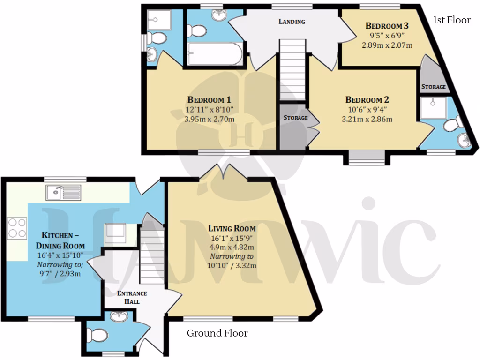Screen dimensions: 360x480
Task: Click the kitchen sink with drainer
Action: click(63, 191)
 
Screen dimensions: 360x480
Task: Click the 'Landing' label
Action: click(292, 22)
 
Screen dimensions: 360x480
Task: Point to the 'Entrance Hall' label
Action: click(132, 297)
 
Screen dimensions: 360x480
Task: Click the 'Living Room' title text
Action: click(232, 228)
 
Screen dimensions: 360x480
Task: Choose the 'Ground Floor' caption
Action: click(217, 333)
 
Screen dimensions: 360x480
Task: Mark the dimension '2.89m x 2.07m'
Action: click(387, 45)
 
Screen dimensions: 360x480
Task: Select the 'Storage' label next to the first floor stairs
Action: click(295, 118)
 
